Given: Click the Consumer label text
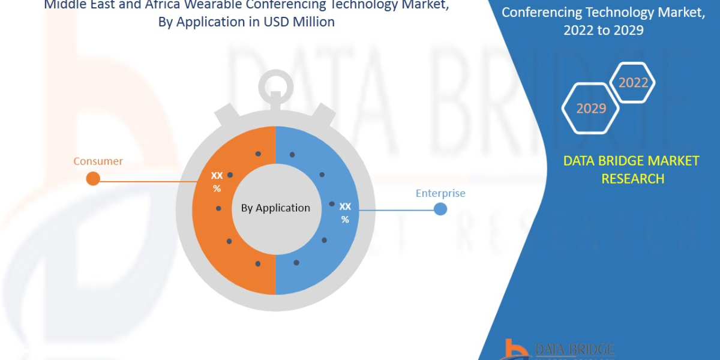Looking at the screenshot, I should [98, 161].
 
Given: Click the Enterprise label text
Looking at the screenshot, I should [440, 193].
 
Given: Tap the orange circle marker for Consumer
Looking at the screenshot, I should [93, 178].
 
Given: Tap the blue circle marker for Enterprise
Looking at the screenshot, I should [440, 209].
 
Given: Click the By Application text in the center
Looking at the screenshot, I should [275, 208].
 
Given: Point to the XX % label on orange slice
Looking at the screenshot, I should [217, 182].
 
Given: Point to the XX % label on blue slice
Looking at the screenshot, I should [345, 212].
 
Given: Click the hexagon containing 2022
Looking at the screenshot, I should [633, 83].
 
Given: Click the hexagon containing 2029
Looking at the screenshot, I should [591, 109].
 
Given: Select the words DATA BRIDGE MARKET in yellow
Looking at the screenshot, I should [631, 161].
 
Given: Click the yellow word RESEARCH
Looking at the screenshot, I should [632, 178].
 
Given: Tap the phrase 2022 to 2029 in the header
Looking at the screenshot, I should [603, 30].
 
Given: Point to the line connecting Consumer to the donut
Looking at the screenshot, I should [150, 181].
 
